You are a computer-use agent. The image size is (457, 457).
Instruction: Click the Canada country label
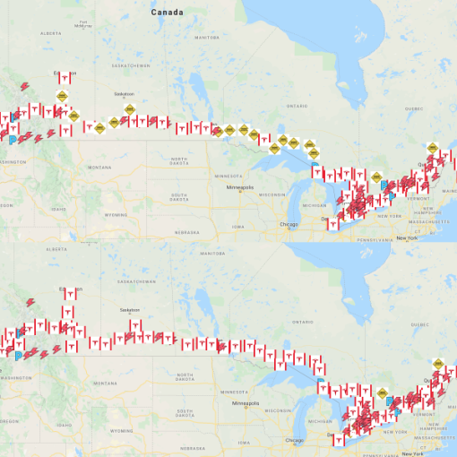167,13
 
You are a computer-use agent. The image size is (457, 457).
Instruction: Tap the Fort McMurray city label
83,26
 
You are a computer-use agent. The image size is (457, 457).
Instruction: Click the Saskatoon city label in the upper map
125,94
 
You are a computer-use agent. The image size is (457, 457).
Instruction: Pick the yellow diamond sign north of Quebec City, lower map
438,362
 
